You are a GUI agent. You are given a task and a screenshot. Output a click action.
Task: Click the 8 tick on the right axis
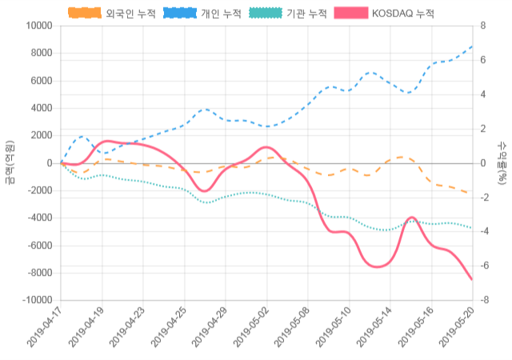click(483, 26)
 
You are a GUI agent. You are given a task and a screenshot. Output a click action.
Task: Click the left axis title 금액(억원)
click(10, 162)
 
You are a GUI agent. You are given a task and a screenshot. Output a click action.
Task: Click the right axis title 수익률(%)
click(502, 162)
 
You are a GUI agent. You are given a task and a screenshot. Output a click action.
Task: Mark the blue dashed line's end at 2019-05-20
click(472, 46)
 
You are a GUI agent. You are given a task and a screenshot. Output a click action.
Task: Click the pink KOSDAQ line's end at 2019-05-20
click(472, 279)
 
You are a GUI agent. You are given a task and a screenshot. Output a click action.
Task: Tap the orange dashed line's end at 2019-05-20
click(472, 194)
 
